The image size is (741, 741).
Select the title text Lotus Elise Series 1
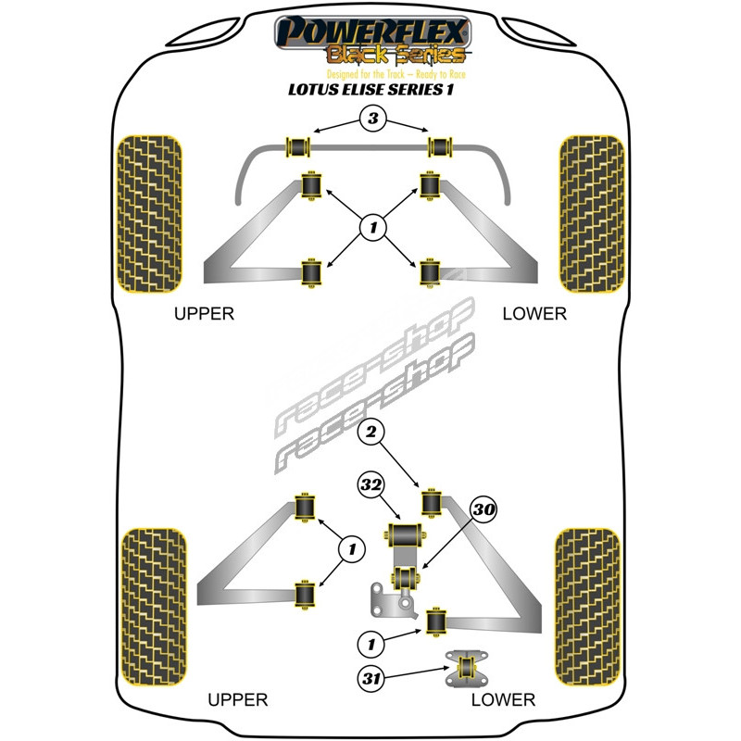coord(370,91)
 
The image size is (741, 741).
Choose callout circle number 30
coord(484,509)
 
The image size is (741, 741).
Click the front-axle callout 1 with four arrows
coord(371,227)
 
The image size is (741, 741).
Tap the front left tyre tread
coord(150,212)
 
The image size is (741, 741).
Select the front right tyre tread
coord(590,212)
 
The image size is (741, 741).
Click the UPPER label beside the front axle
coord(205,314)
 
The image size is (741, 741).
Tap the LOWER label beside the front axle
coord(534,314)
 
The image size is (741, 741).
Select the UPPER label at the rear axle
coord(238,699)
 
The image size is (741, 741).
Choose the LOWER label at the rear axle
coord(503,699)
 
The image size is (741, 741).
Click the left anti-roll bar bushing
coord(299,146)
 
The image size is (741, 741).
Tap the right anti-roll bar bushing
coord(440,146)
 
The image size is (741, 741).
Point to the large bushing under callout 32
coord(404,536)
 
